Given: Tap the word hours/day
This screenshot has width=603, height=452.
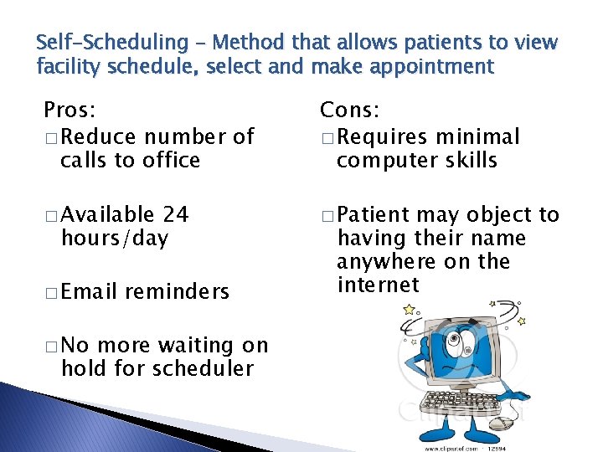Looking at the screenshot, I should [x=114, y=239].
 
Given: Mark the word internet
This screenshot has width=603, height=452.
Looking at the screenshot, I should [x=377, y=285].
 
